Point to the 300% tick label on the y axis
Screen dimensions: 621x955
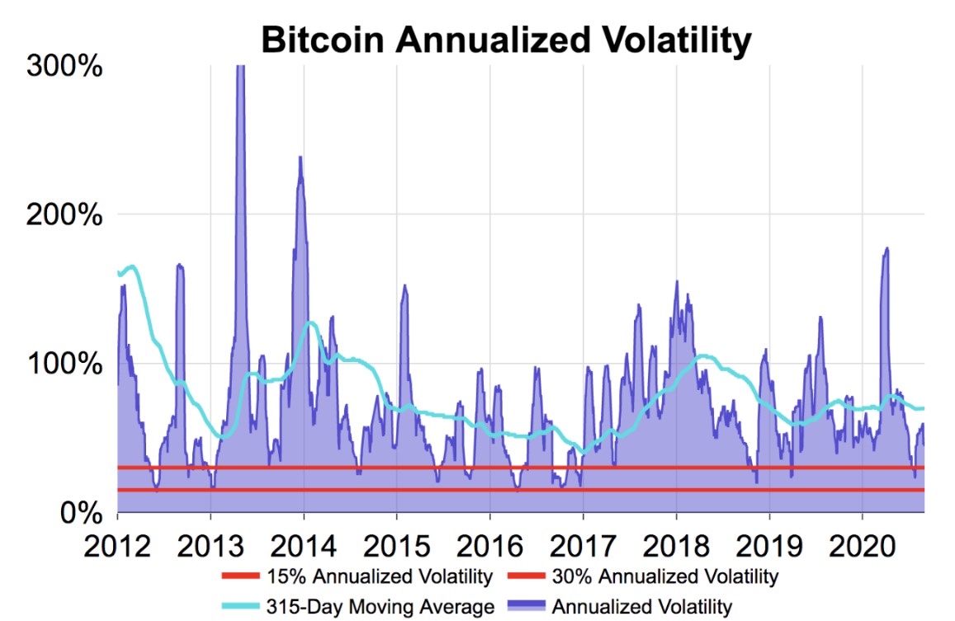coord(64,66)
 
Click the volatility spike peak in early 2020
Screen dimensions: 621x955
coord(886,248)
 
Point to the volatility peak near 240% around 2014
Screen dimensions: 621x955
coord(300,158)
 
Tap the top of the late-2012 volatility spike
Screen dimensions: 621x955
coord(179,265)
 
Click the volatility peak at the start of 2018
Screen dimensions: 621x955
coord(677,282)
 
